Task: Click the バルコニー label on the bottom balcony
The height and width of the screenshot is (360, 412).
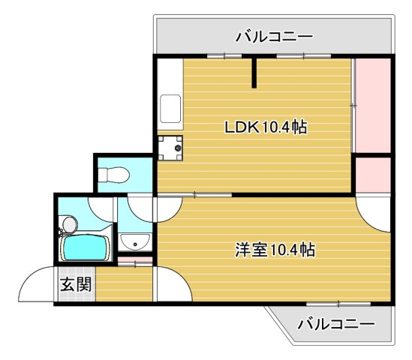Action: point(335,324)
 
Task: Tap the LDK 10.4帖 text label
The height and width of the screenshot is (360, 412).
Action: point(266,127)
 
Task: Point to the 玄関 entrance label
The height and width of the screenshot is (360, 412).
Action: point(75,284)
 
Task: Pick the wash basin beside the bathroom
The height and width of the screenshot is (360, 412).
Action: point(135,241)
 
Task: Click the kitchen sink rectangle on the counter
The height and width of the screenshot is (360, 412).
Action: point(170,110)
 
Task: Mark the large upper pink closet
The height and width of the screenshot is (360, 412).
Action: point(371,105)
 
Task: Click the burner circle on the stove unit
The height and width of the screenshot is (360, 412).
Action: point(178,148)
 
